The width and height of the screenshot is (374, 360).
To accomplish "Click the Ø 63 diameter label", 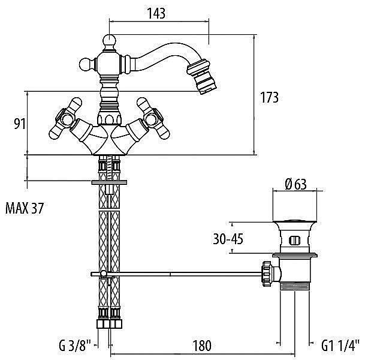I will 295,185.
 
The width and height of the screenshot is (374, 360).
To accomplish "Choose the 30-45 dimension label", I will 228,239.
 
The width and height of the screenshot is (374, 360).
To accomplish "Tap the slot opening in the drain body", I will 294,241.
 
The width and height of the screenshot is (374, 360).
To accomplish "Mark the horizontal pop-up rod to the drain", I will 180,274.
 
